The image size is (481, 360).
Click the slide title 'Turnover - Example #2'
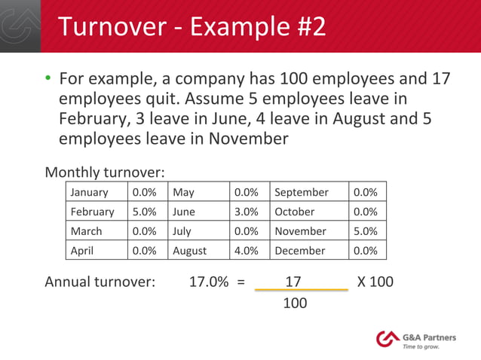[x=192, y=26]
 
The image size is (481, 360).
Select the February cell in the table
[x=93, y=212]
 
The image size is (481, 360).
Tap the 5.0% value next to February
[x=144, y=212]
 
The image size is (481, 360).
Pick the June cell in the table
[x=185, y=212]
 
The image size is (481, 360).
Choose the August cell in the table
[x=190, y=250]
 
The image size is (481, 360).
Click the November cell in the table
[x=300, y=231]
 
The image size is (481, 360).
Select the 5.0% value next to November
[x=366, y=231]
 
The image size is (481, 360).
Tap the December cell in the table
[x=300, y=250]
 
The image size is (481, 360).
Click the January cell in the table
[x=89, y=192]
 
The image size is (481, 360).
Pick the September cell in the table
[x=302, y=192]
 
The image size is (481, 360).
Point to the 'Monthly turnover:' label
[x=105, y=172]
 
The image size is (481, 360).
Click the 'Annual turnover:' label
[x=100, y=282]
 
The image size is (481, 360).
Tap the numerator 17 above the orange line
[x=293, y=282]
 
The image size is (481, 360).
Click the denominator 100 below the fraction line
[x=295, y=304]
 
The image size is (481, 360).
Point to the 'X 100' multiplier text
[x=375, y=282]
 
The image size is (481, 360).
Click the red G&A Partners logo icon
[x=388, y=338]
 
